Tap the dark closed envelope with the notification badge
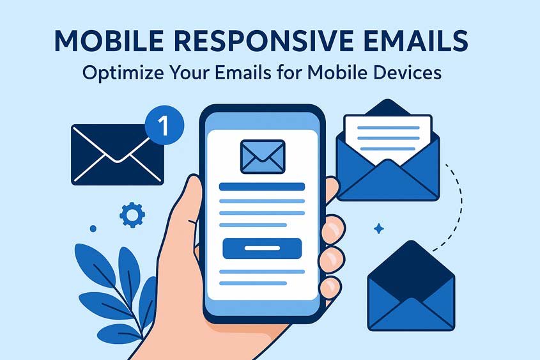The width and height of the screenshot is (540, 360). [115, 154]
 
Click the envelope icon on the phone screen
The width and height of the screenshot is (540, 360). [262, 155]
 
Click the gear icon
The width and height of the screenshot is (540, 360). [132, 215]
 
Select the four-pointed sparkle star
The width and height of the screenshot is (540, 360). [379, 228]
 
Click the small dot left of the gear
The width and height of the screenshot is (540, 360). [93, 228]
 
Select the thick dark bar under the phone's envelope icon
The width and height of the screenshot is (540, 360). [262, 186]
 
